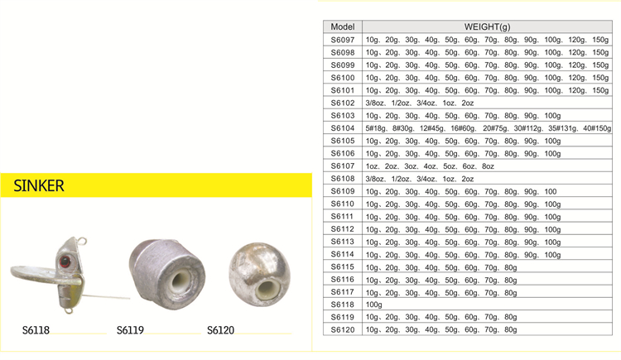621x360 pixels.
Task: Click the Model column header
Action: (x=343, y=26)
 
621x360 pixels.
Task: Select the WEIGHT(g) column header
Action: (x=487, y=26)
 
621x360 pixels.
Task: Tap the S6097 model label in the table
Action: (x=343, y=40)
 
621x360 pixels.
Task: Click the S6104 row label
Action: (x=343, y=128)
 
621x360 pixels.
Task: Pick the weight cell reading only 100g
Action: (x=374, y=305)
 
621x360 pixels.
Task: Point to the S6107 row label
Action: (x=343, y=166)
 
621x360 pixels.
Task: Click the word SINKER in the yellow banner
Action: (x=39, y=185)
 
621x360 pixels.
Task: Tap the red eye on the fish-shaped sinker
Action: (x=65, y=262)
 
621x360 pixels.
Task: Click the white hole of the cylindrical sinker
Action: (x=181, y=281)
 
